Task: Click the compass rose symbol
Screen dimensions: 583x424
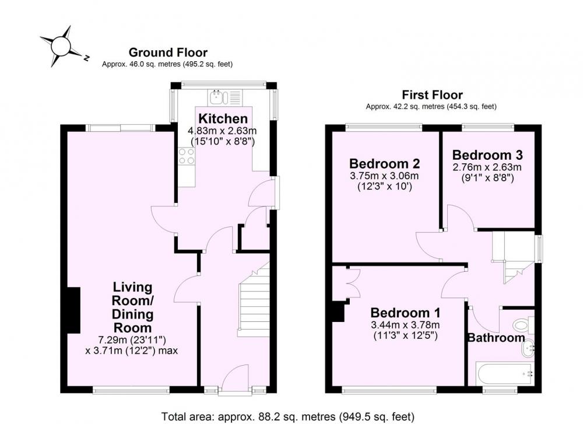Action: click(61, 47)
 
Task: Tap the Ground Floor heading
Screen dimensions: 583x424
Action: click(168, 52)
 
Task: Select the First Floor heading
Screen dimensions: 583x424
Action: click(432, 95)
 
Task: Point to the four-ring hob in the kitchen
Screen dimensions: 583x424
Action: click(187, 156)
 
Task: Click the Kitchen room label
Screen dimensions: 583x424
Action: click(223, 118)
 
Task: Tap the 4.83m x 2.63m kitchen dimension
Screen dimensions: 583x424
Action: click(222, 131)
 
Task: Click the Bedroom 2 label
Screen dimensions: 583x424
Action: click(384, 164)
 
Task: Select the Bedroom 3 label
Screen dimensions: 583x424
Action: click(487, 155)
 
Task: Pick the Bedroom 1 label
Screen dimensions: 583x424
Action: click(405, 313)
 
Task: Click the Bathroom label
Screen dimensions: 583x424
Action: click(496, 338)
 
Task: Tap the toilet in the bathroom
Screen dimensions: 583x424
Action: click(524, 325)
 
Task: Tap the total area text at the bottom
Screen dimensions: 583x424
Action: click(288, 416)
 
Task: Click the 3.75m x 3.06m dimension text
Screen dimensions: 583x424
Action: click(384, 176)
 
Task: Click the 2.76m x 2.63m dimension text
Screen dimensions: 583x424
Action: click(487, 167)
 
